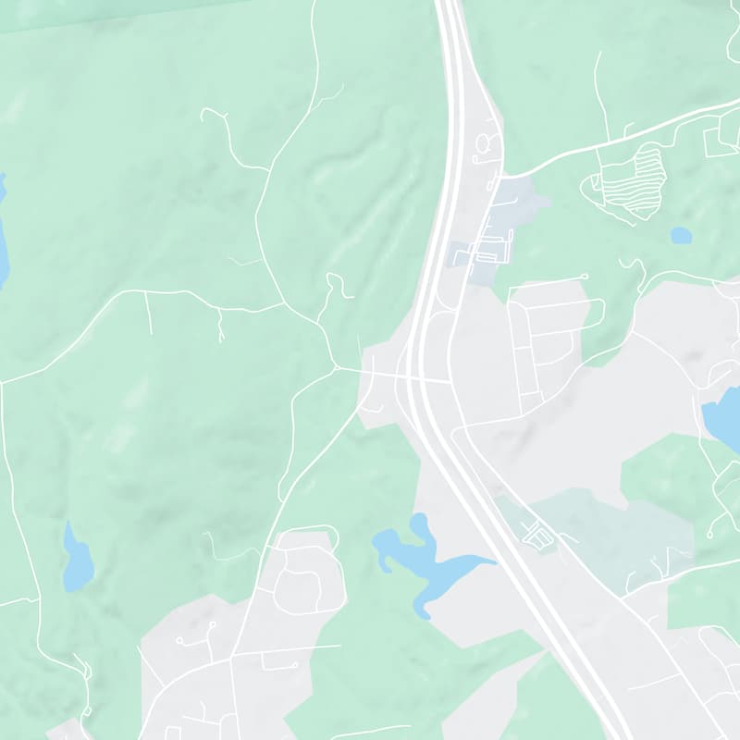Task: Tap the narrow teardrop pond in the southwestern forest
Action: point(77,561)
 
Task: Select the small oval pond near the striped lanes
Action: point(681,235)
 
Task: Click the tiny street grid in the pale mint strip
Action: point(535,533)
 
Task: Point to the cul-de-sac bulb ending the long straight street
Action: point(586,277)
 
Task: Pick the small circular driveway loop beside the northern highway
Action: point(487,143)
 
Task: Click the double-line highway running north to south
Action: point(453,139)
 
